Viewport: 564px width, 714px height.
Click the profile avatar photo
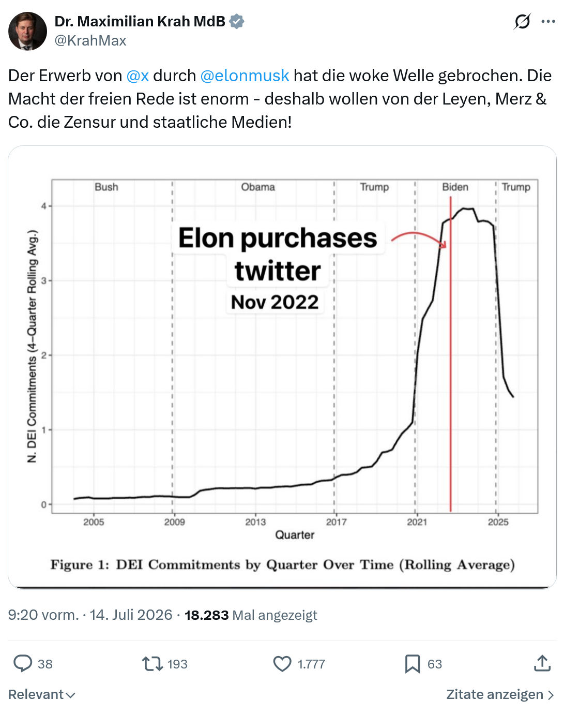(x=27, y=31)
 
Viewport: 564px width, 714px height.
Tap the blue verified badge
(x=237, y=22)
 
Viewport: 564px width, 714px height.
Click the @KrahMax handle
(x=90, y=40)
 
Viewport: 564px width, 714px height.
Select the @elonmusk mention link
(x=245, y=76)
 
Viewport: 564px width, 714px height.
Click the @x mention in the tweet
(x=138, y=76)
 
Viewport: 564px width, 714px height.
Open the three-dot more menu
(x=548, y=22)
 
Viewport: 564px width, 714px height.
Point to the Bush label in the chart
(x=106, y=187)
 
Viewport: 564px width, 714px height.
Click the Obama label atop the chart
(x=258, y=187)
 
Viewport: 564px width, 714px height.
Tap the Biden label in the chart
(x=455, y=187)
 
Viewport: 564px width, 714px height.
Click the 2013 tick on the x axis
(x=255, y=522)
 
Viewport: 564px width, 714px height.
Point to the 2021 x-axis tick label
(x=417, y=522)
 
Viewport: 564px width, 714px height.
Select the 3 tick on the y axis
(x=44, y=281)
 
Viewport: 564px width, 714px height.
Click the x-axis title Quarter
(x=295, y=535)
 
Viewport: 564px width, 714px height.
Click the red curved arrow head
(x=444, y=244)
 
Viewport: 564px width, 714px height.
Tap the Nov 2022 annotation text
(x=275, y=302)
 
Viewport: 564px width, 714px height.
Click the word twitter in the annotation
(x=278, y=271)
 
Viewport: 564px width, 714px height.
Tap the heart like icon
(x=282, y=664)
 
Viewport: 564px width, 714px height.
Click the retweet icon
(x=153, y=664)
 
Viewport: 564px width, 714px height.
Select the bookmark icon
(x=413, y=664)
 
